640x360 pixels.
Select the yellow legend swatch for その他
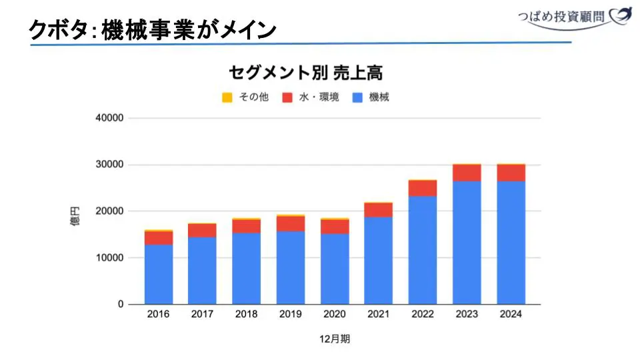[x=227, y=97]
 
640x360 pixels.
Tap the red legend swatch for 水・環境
[x=288, y=97]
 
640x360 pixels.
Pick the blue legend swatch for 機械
[x=357, y=97]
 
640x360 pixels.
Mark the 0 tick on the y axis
[x=121, y=305]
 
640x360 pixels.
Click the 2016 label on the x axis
[x=159, y=315]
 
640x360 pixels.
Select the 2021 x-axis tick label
[x=379, y=315]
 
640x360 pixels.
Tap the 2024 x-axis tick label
[x=511, y=315]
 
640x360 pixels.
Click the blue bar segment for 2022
[x=423, y=250]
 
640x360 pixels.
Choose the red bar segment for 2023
[x=467, y=173]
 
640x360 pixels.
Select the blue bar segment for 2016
[x=159, y=274]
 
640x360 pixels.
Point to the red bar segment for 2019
[x=291, y=223]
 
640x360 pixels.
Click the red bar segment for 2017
[x=203, y=231]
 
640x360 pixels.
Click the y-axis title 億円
[x=75, y=217]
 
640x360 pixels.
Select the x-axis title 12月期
[x=335, y=339]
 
